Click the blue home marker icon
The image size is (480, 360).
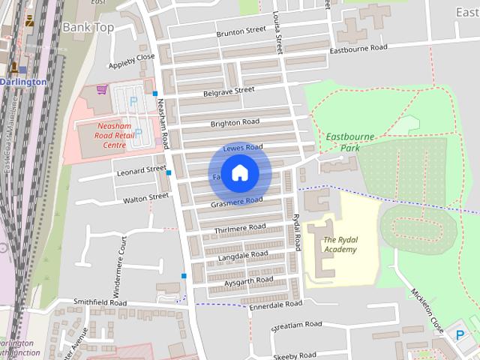[239, 174]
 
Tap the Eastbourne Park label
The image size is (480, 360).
[343, 142]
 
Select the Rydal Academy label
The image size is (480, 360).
[340, 244]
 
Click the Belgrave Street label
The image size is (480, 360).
[229, 91]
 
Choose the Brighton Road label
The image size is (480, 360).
[235, 122]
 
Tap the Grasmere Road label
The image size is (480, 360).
[237, 202]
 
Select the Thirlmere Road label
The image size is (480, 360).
[240, 226]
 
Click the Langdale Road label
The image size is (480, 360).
[243, 254]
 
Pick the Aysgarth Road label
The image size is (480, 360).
[249, 280]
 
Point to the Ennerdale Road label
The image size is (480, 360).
[275, 304]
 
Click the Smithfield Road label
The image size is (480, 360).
[100, 301]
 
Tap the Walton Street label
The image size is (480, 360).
[146, 198]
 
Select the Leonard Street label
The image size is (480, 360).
[141, 171]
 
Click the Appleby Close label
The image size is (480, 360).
[131, 57]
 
